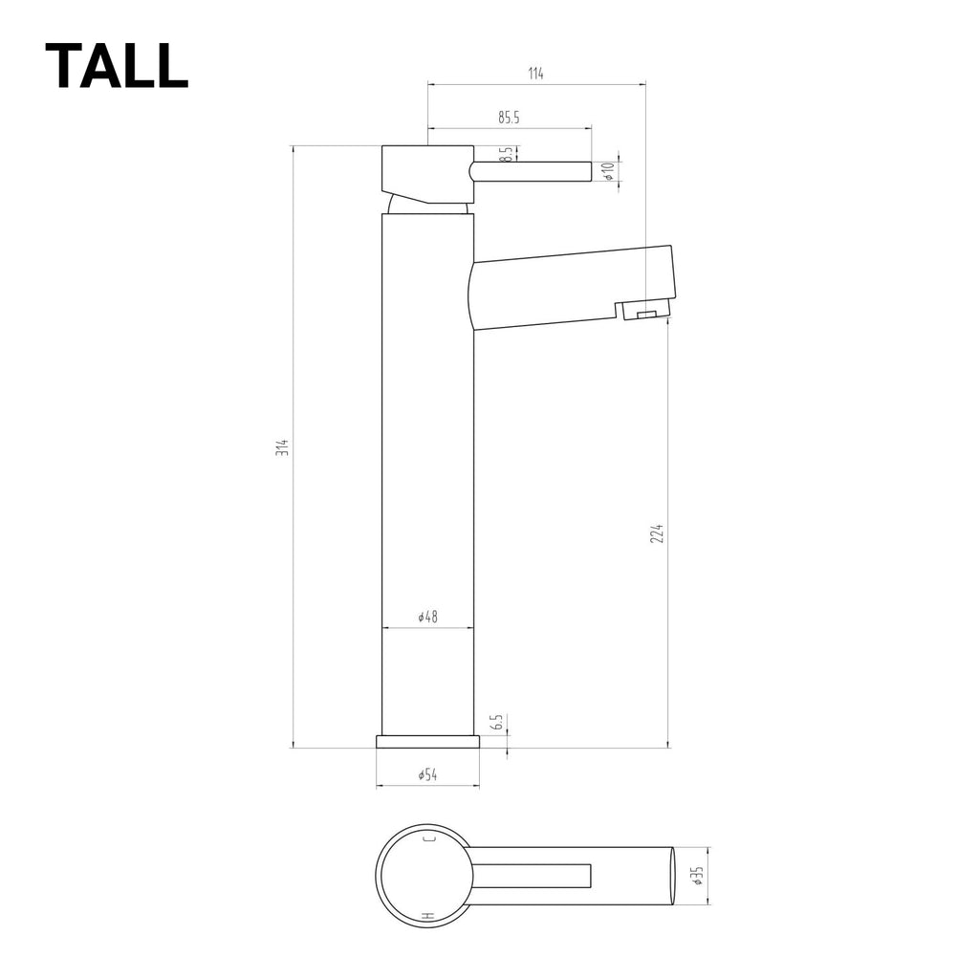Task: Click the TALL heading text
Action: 116,67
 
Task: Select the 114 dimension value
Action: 535,75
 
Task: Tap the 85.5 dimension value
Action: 509,118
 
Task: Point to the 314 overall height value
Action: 282,447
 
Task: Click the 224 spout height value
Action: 657,533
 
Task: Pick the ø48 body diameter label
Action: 427,618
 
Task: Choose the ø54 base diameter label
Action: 427,775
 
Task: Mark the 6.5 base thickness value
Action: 497,723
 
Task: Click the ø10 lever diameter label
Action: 607,171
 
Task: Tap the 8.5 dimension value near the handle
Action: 506,154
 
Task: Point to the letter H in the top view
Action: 428,917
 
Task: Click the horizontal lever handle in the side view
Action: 531,171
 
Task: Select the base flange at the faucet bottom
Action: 427,741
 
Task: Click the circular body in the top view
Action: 424,876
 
